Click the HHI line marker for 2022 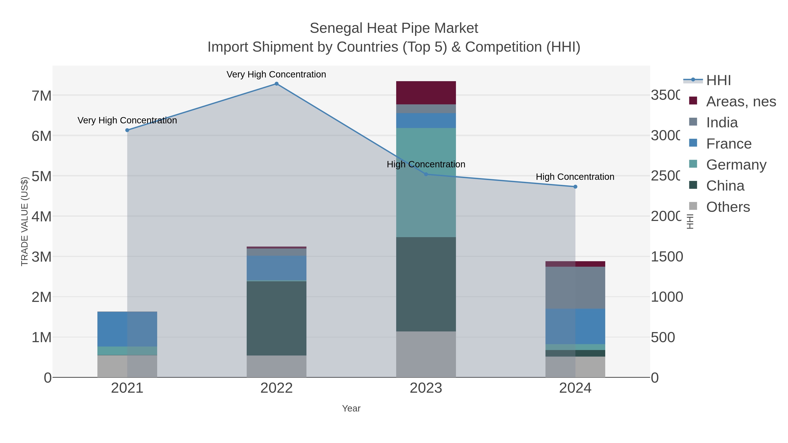[276, 84]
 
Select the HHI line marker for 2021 [127, 130]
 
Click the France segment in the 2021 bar [127, 329]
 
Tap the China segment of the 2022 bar [276, 318]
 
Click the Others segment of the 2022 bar [276, 366]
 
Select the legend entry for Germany [736, 165]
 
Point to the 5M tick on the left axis [42, 176]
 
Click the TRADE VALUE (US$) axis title [25, 221]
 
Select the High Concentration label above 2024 [575, 177]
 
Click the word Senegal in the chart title [336, 28]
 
